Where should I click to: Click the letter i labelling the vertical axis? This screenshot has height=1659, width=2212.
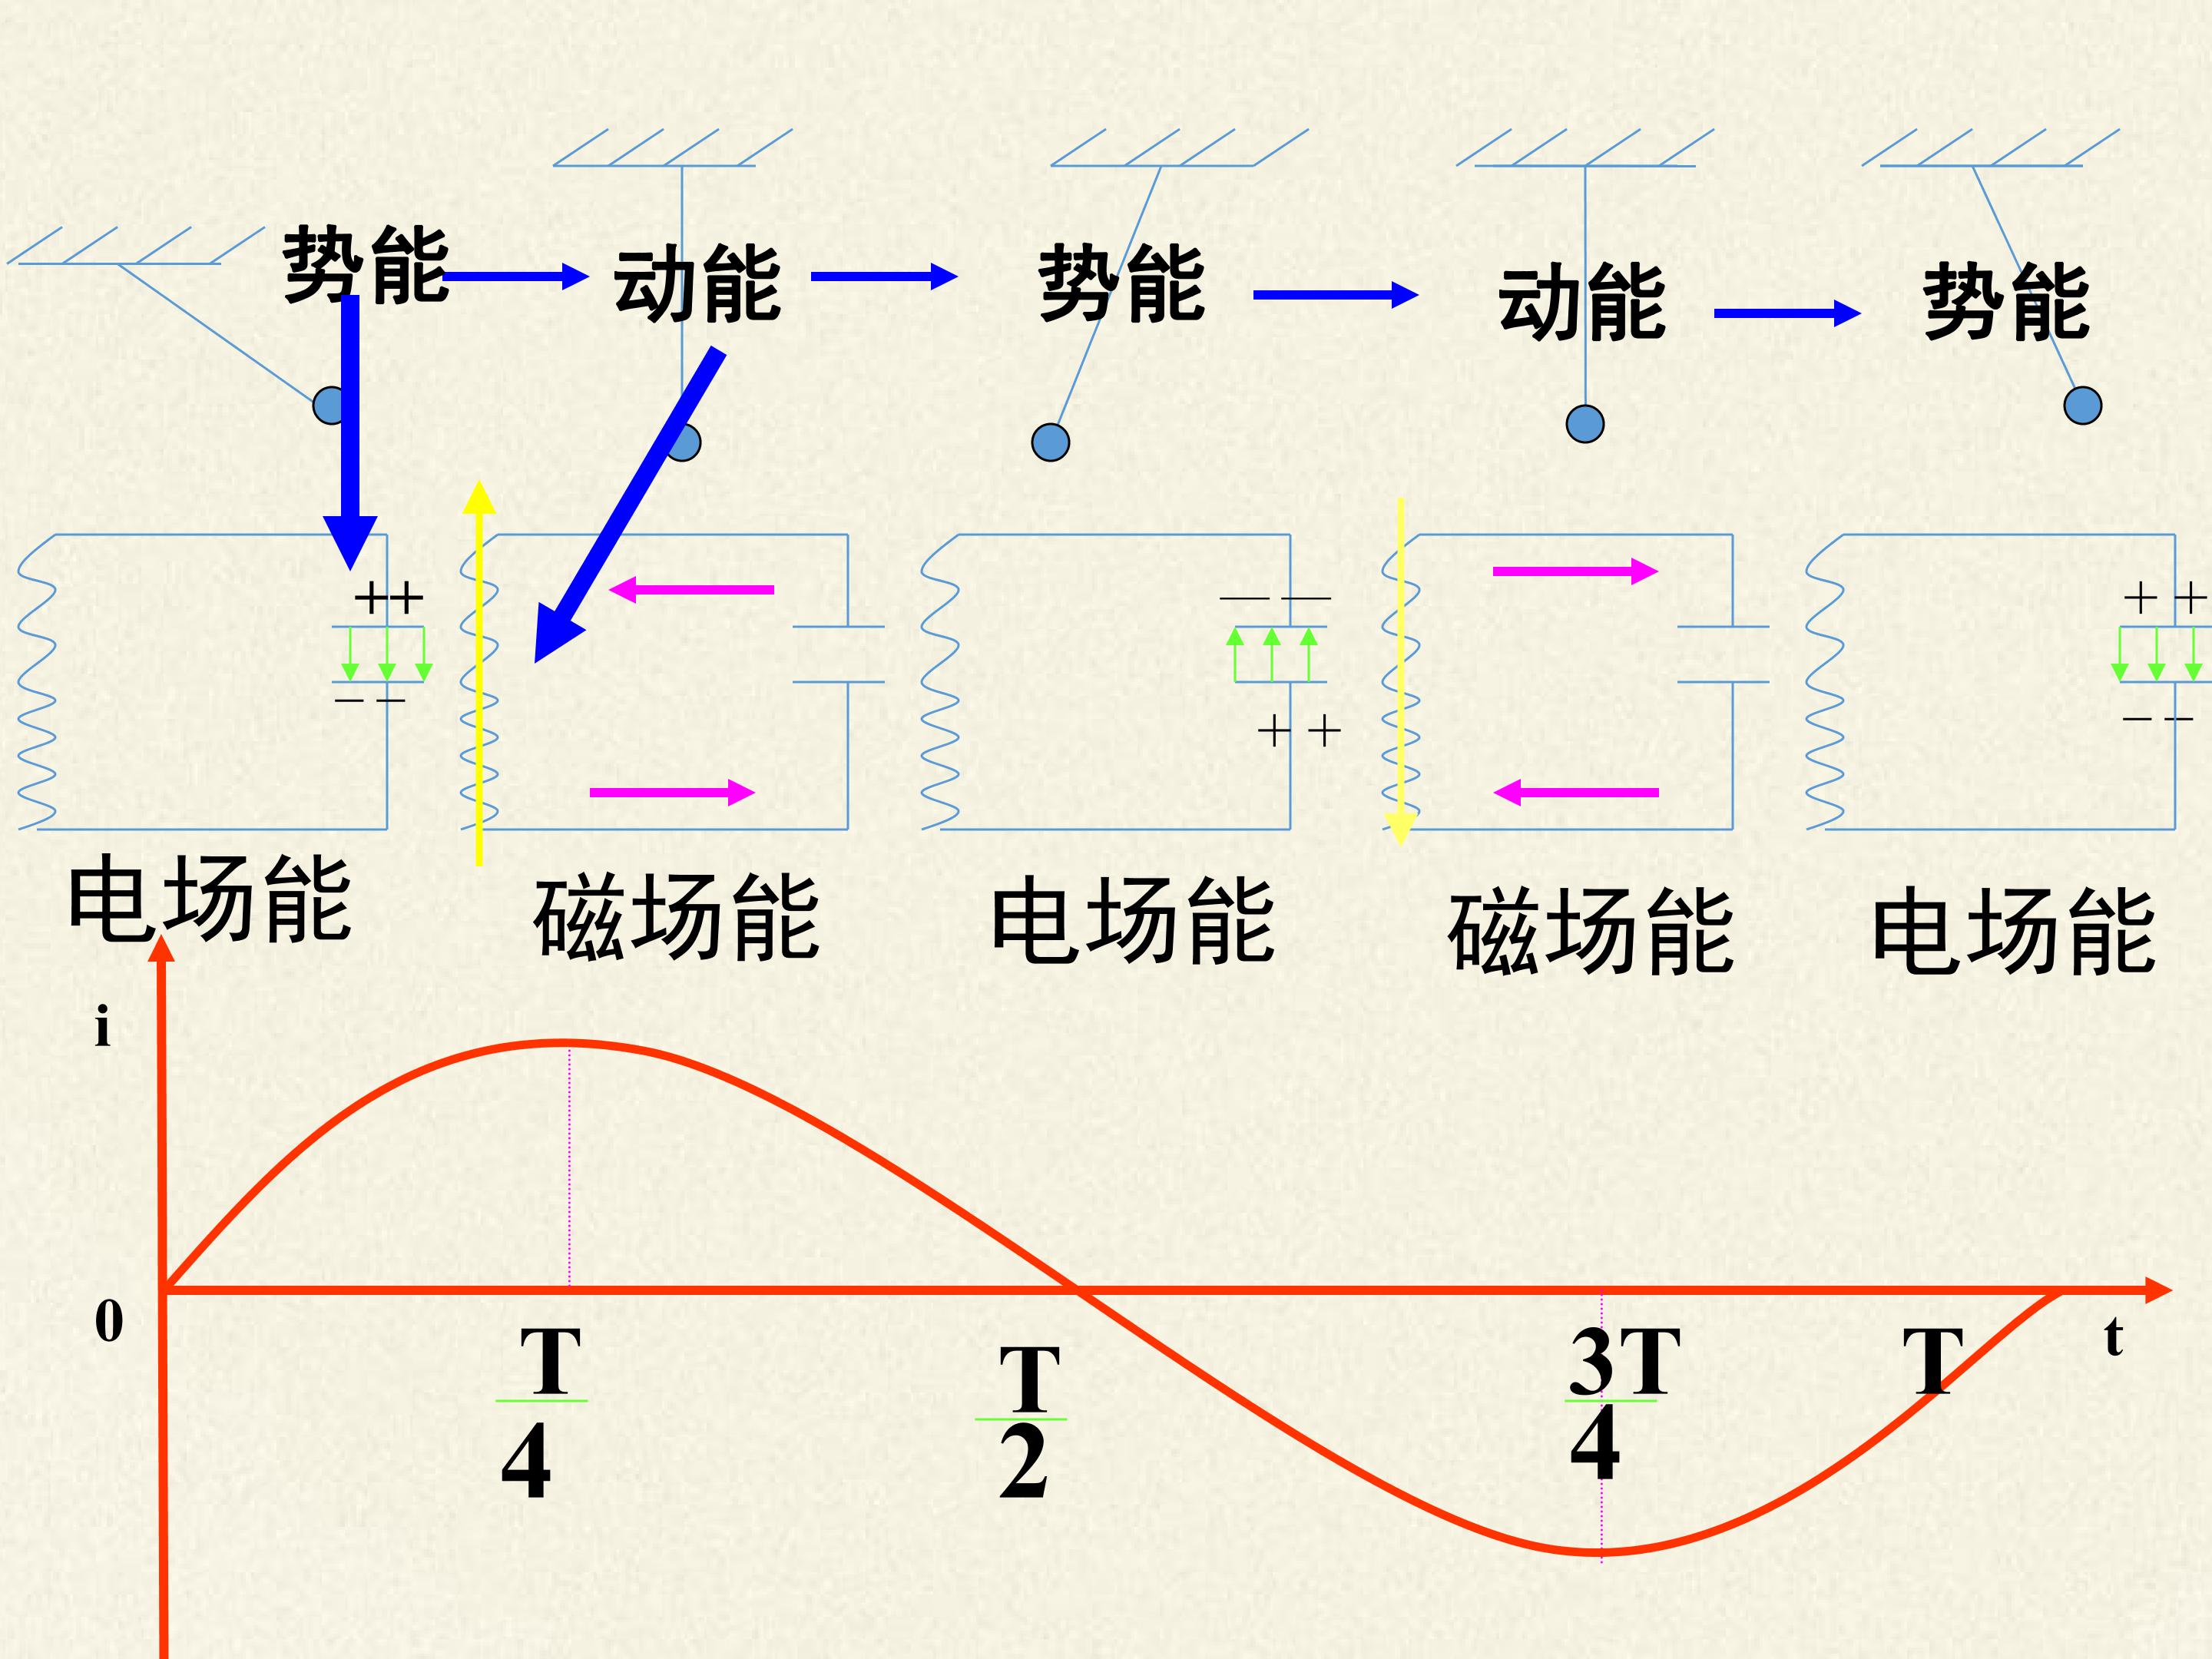102,1028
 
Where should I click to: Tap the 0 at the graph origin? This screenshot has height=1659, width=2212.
109,1321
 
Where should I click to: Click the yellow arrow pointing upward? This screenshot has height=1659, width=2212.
479,672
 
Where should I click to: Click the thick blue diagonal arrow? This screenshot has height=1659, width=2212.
628,506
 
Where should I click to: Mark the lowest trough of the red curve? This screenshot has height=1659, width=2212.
1600,1551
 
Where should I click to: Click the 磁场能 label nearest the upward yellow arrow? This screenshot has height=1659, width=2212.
676,917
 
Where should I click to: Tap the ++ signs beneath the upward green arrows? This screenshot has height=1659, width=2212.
1298,732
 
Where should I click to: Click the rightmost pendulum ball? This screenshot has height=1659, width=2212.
2083,406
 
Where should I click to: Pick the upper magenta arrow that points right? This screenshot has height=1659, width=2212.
1575,571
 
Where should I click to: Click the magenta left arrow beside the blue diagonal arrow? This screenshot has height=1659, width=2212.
691,589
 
